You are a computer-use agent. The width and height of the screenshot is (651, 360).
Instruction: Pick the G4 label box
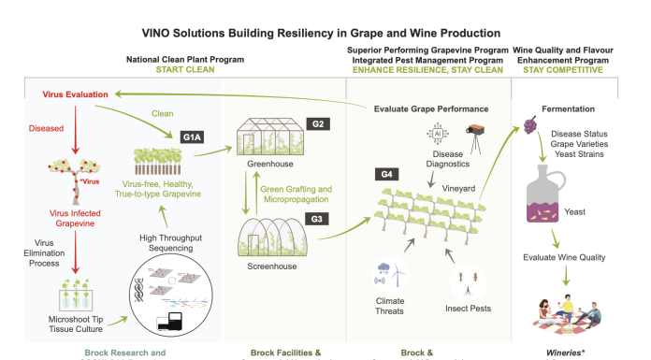(x=386, y=175)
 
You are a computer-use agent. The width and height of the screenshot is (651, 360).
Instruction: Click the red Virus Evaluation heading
(x=75, y=94)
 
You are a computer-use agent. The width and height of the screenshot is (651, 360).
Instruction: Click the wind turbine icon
(x=398, y=273)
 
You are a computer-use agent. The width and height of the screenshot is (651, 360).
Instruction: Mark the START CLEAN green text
(x=185, y=70)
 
